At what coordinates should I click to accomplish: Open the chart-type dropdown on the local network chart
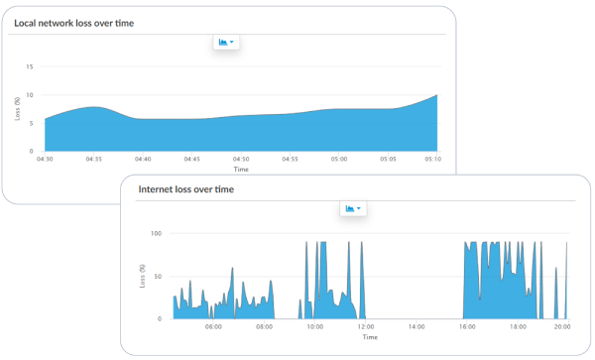226,42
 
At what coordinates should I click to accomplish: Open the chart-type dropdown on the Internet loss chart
353,208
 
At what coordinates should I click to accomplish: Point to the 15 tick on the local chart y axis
30,67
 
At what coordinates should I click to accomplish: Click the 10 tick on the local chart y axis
30,95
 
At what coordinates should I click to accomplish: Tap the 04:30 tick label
45,158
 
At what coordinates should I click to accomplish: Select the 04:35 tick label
93,158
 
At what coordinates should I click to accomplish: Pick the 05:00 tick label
338,158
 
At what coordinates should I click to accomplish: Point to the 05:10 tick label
432,158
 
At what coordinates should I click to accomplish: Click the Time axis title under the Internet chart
369,336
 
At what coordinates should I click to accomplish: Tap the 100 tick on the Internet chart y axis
157,234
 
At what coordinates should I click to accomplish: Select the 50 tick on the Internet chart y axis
159,277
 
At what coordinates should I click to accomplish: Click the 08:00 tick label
264,325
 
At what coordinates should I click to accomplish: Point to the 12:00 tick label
366,325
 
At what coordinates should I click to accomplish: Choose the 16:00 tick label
466,325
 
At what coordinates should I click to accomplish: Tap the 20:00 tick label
561,325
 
